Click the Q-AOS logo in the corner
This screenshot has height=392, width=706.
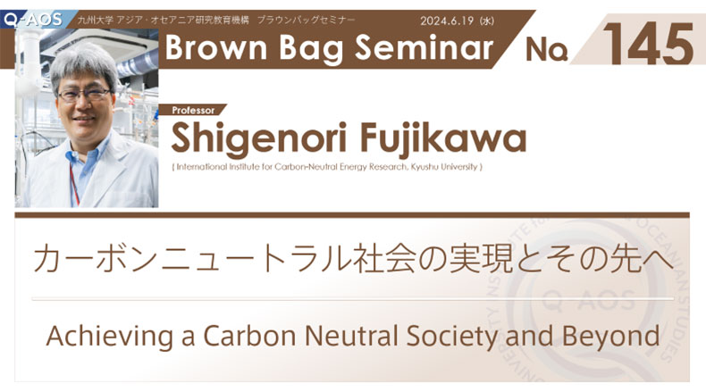(32, 20)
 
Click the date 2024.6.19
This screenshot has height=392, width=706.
(447, 21)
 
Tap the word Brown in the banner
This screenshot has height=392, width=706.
(216, 47)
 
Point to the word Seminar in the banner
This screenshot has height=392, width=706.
(424, 47)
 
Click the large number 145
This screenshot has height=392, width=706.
(648, 44)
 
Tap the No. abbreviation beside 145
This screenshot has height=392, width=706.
(546, 49)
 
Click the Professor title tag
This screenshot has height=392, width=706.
(193, 110)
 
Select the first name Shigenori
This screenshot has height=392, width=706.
(259, 139)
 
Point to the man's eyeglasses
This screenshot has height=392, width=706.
(84, 95)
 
